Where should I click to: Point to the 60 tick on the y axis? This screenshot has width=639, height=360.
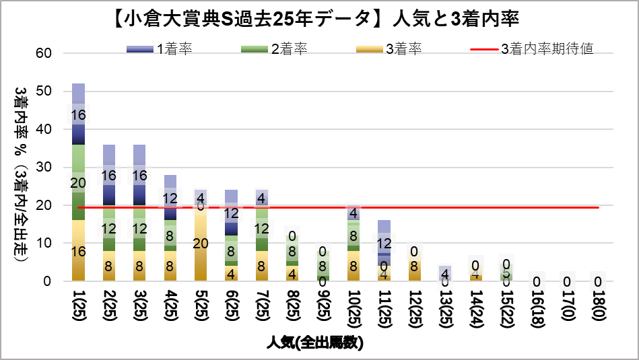point(53,53)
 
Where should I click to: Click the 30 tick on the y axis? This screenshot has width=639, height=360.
point(53,167)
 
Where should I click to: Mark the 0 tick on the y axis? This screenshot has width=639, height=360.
point(57,281)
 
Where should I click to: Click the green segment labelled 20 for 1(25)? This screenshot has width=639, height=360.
point(79,182)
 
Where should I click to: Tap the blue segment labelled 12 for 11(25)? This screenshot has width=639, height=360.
point(384,244)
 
